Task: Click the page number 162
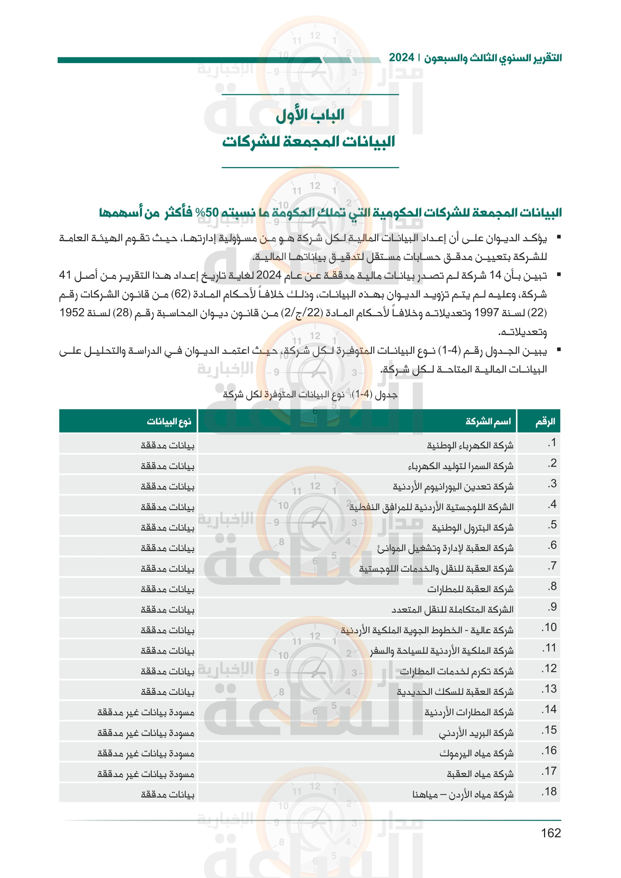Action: click(551, 833)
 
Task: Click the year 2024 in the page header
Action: click(401, 58)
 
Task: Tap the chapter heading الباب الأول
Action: click(310, 115)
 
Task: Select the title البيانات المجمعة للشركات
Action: click(309, 142)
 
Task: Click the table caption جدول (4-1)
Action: click(310, 394)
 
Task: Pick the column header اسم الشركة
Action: click(488, 422)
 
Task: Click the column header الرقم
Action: click(545, 422)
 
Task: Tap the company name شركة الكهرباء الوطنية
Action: click(470, 446)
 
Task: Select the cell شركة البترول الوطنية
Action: click(473, 528)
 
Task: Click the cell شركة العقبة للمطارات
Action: click(470, 589)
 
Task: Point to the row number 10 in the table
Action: click(549, 628)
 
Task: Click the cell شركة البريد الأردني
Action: click(476, 733)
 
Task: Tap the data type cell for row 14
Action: click(146, 712)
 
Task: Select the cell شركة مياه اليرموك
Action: click(476, 754)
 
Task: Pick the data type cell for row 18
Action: click(167, 795)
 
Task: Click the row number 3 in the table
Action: click(552, 484)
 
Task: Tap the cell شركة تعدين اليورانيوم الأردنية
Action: click(453, 487)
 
